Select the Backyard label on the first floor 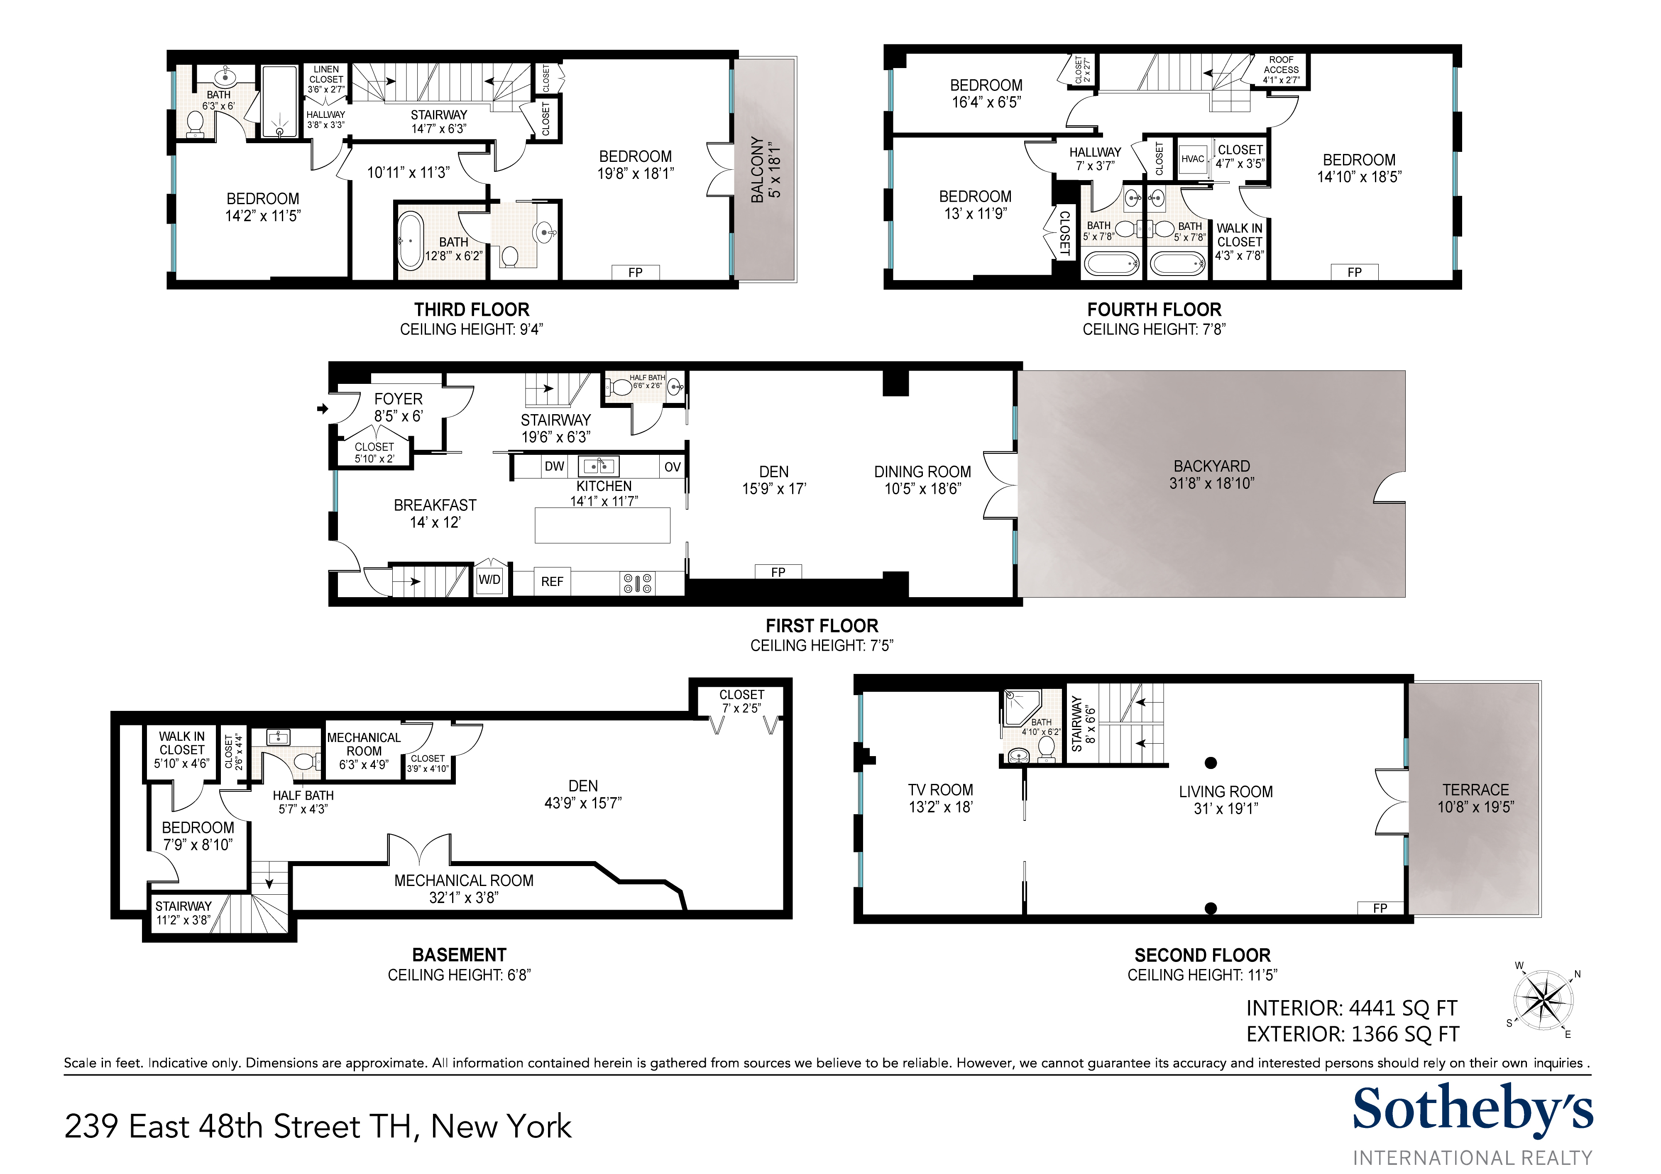[x=1212, y=474]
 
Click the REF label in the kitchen [x=552, y=581]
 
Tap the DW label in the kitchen [x=554, y=466]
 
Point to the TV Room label [x=940, y=798]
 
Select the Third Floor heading [x=472, y=310]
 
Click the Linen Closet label [x=326, y=75]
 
